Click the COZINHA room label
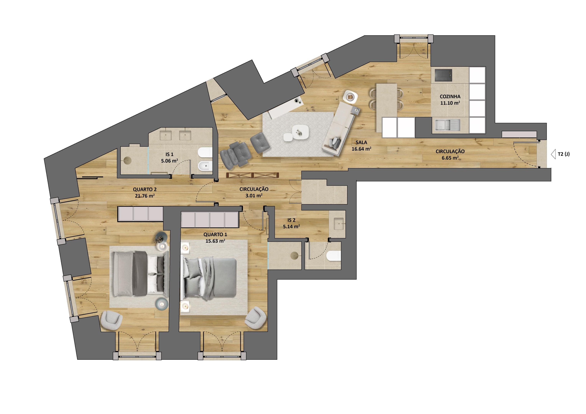pos(450,97)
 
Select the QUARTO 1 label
pos(215,235)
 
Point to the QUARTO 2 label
pos(145,189)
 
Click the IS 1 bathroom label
pos(169,154)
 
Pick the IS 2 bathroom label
pos(291,220)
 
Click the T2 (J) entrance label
pos(564,154)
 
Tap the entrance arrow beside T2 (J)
pos(553,154)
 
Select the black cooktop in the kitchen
pos(443,76)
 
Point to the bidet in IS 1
pos(205,167)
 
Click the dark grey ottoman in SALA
pos(260,143)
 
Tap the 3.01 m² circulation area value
pos(254,196)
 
